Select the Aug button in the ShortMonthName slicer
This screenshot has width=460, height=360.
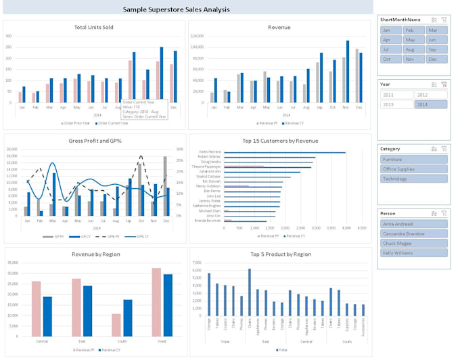[x=413, y=49]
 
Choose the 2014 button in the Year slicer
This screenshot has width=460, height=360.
[x=430, y=104]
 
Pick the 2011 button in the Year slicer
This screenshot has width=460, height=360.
[x=396, y=95]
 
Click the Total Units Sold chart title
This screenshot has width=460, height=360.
[x=93, y=27]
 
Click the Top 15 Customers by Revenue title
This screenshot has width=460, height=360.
[x=279, y=141]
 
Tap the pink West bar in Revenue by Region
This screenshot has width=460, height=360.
[x=156, y=302]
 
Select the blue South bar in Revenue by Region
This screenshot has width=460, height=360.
[x=128, y=318]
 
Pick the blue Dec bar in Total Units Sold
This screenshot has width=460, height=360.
[x=175, y=76]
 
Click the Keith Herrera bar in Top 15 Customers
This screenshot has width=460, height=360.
[x=284, y=152]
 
